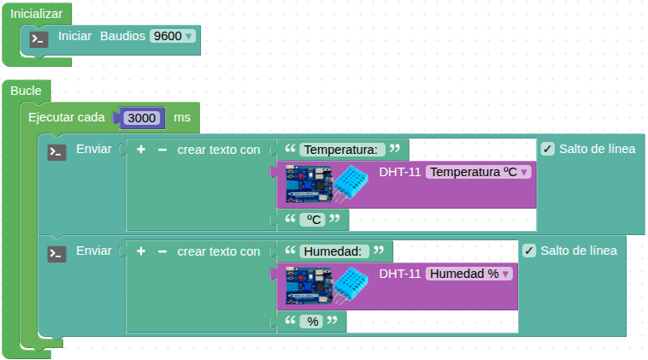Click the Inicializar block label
pyautogui.click(x=37, y=14)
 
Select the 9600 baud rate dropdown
pyautogui.click(x=172, y=37)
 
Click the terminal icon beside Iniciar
pyautogui.click(x=38, y=38)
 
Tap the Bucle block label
pyautogui.click(x=27, y=91)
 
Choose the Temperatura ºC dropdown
pyautogui.click(x=479, y=172)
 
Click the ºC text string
pyautogui.click(x=315, y=220)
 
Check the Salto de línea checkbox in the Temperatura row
pyautogui.click(x=548, y=149)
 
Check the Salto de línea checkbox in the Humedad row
pyautogui.click(x=529, y=251)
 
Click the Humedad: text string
pyautogui.click(x=334, y=251)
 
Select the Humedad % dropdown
pyautogui.click(x=469, y=274)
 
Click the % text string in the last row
pyautogui.click(x=313, y=322)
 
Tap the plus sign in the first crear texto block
pyautogui.click(x=141, y=150)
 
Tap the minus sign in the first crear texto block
pyautogui.click(x=162, y=150)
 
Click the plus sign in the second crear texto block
pyautogui.click(x=141, y=251)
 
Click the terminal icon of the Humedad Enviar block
pyautogui.click(x=56, y=254)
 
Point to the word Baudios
pyautogui.click(x=122, y=37)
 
